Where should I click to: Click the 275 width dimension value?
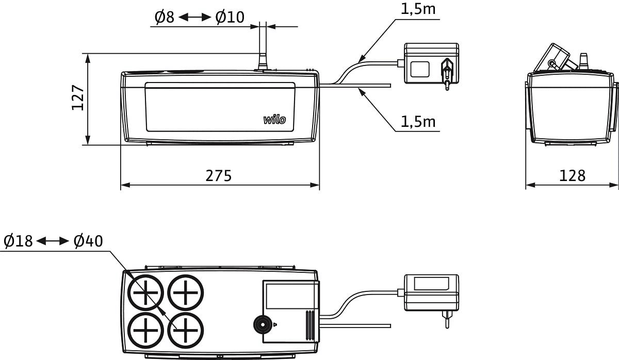coord(219,176)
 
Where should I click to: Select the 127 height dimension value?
coord(78,97)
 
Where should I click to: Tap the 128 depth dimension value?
coord(573,176)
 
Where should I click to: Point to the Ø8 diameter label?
coord(165,18)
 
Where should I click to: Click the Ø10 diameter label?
coord(230,18)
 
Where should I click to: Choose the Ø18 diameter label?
coord(18,241)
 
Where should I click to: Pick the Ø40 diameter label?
coord(88,241)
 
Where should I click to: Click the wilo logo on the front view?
coord(274,120)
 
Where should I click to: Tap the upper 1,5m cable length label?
coord(418,9)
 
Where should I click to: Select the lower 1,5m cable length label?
coord(418,122)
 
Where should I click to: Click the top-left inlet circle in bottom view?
coord(146,293)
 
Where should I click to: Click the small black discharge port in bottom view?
coord(264,324)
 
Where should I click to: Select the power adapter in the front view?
coord(431,64)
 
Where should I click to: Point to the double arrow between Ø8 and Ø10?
coord(194,18)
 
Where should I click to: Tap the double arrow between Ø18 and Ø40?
coord(53,241)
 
